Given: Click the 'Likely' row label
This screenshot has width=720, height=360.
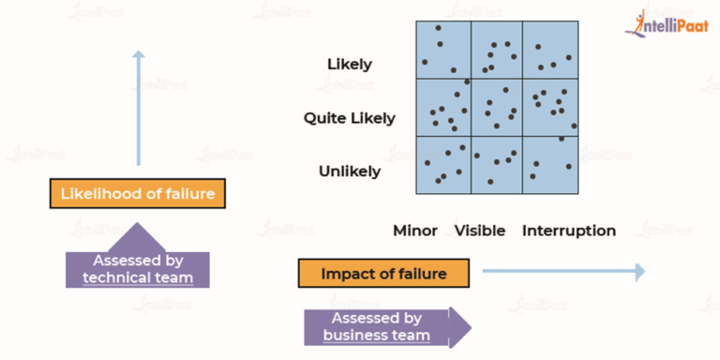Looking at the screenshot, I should click(x=350, y=65).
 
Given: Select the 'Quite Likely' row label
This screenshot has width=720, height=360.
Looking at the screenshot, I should click(x=350, y=118).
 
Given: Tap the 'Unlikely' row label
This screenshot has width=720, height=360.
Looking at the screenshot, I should click(x=350, y=172).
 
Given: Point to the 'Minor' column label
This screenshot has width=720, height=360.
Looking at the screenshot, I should click(x=415, y=231).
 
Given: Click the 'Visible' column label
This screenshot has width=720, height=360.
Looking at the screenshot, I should click(x=480, y=231).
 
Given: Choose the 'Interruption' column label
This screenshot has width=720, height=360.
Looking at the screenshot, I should click(x=569, y=231).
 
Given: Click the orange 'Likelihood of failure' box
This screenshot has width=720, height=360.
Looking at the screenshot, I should click(x=138, y=195).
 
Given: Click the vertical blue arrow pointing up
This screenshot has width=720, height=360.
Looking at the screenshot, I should click(x=138, y=108).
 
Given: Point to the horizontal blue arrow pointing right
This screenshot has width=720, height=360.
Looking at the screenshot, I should click(x=562, y=272).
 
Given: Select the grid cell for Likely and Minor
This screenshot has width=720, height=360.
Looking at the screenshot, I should click(x=442, y=49).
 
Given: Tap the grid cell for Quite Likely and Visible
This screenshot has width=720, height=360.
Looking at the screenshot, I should click(x=496, y=107).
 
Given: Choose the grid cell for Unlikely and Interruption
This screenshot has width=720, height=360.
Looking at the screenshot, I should click(x=549, y=165).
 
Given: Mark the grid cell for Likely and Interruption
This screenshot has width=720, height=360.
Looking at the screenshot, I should click(x=549, y=49).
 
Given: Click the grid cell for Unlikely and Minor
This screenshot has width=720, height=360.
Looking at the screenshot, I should click(x=442, y=165).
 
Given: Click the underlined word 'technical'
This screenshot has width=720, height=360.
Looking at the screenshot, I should click(x=118, y=277).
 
